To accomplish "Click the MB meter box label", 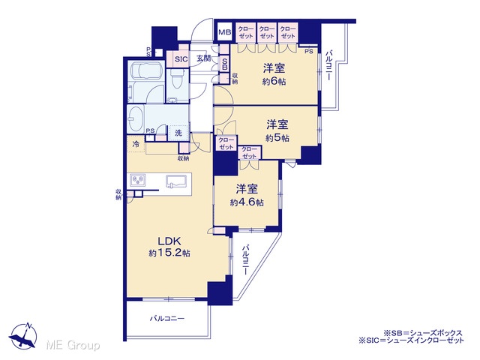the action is tap(225, 32).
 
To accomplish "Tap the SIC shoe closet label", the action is tap(181, 59).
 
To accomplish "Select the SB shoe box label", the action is tap(224, 64).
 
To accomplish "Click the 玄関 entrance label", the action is tap(203, 58).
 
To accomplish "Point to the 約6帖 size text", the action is tap(274, 82).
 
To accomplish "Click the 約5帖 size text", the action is tap(277, 138).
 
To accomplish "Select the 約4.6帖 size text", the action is tap(247, 202).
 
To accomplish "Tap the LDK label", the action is tap(169, 241).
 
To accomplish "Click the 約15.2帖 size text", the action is tap(169, 253).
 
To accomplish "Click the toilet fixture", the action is tap(177, 79).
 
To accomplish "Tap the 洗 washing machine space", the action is tap(178, 133).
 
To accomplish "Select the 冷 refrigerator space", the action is tap(136, 144).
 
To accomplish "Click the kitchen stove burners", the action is tap(137, 180).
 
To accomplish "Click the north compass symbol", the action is tap(24, 335).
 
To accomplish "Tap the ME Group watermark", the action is tap(73, 345).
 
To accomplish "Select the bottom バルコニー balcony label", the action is tap(167, 319).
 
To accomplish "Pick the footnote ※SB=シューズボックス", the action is tap(423, 333).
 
